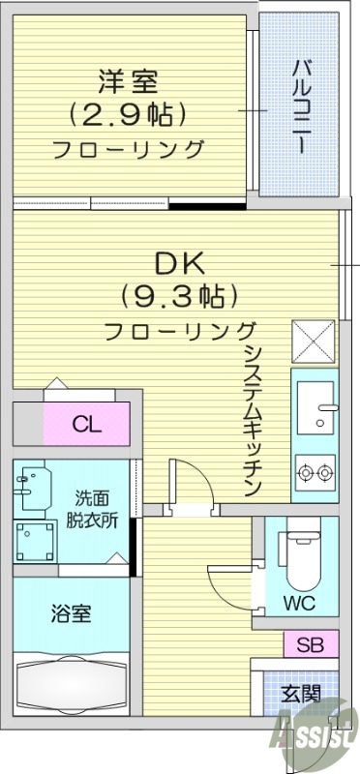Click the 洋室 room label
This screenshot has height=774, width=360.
pyautogui.click(x=129, y=79)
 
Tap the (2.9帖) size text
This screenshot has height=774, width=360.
pyautogui.click(x=129, y=114)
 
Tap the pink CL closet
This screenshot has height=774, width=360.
pyautogui.click(x=86, y=425)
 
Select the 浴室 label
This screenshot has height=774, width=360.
pyautogui.click(x=71, y=612)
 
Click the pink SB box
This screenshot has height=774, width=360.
pyautogui.click(x=311, y=643)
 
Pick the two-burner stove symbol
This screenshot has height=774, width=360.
pyautogui.click(x=315, y=474)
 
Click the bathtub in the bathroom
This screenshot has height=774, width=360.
pyautogui.click(x=70, y=685)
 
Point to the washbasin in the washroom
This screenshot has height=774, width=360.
pyautogui.click(x=35, y=483)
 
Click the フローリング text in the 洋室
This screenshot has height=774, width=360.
pyautogui.click(x=129, y=150)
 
